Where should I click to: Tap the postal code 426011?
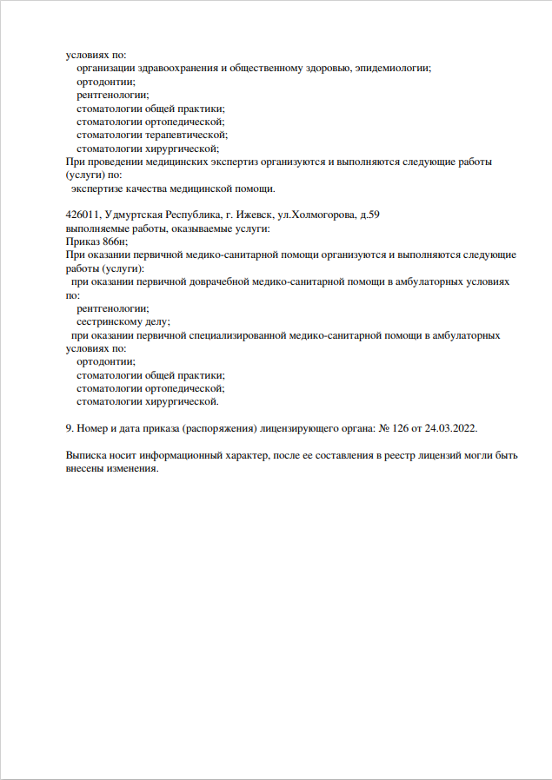[x=83, y=215]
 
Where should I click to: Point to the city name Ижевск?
[x=242, y=215]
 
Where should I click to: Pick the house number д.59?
[x=369, y=215]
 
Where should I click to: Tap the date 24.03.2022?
[x=450, y=428]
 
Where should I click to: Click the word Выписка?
[x=88, y=455]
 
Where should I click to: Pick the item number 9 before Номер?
[x=70, y=428]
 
